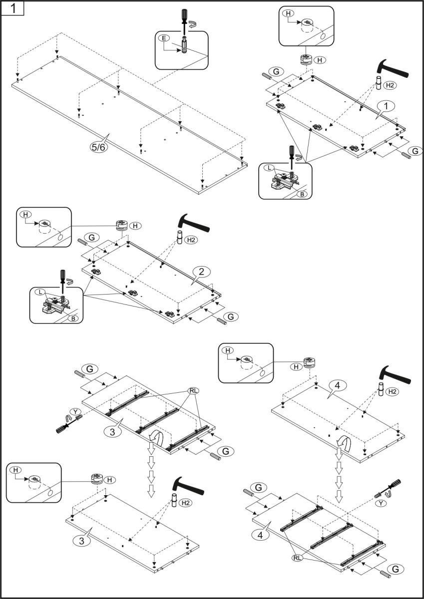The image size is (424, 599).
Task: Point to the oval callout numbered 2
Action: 200,272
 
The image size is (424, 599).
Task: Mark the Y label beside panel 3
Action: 75,411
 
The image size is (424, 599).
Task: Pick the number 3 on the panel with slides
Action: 112,431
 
